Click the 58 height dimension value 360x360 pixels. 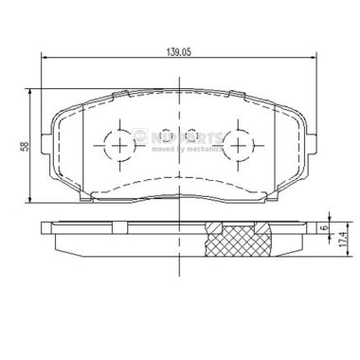pyautogui.click(x=24, y=146)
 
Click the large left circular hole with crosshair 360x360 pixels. pyautogui.click(x=119, y=144)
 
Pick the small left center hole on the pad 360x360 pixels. pyautogui.click(x=165, y=135)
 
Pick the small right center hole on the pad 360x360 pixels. pyautogui.click(x=191, y=135)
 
